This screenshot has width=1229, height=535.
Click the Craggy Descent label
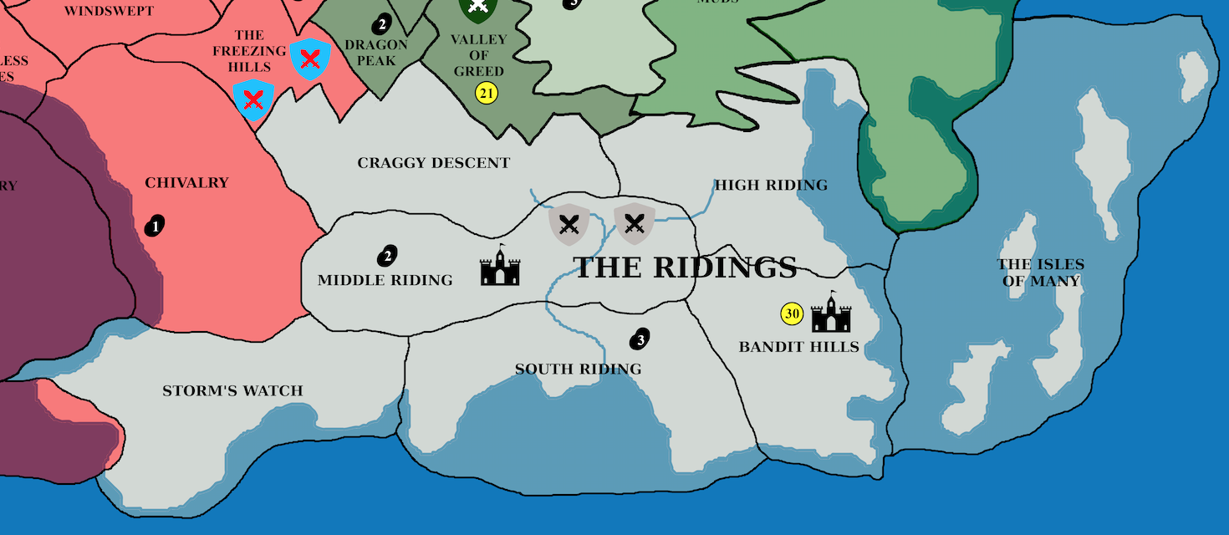click(433, 163)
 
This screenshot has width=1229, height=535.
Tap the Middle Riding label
click(385, 280)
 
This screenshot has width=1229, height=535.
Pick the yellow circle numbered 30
click(792, 314)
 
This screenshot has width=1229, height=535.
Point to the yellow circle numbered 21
click(487, 93)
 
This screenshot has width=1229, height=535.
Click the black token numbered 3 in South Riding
click(640, 339)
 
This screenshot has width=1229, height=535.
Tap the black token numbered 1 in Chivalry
click(155, 225)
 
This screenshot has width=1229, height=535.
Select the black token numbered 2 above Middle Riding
click(387, 255)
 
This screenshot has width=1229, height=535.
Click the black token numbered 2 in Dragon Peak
click(382, 23)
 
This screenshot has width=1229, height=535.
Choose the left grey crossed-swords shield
click(569, 223)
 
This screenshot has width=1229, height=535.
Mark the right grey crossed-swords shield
click(635, 223)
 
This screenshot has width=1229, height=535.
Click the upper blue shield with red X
click(310, 59)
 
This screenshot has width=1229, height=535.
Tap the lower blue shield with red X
click(253, 100)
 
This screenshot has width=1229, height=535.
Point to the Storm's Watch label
click(232, 390)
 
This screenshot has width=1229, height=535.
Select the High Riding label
click(770, 185)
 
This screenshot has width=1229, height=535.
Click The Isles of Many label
click(1040, 273)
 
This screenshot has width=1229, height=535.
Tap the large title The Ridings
click(685, 267)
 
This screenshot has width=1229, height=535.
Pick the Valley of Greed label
click(478, 55)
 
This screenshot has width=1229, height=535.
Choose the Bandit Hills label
click(798, 347)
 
